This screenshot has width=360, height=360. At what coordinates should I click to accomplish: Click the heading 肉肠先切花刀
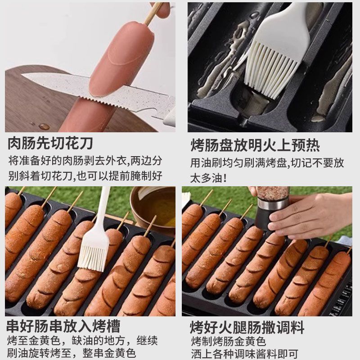[x=50, y=144]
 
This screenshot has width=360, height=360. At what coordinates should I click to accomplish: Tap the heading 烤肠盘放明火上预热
[x=255, y=145]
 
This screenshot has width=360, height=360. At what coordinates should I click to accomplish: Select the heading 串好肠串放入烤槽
[x=63, y=326]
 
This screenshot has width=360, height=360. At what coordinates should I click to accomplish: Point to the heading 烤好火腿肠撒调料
[x=247, y=327]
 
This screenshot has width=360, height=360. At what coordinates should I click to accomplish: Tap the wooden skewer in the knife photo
[x=153, y=13]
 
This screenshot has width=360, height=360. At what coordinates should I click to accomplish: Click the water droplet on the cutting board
[x=44, y=126]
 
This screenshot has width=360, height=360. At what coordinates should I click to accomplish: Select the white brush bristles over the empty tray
[x=272, y=69]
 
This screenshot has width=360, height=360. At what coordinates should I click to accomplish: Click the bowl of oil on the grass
[x=153, y=209]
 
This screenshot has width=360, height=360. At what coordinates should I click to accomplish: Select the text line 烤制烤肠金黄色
[x=229, y=342]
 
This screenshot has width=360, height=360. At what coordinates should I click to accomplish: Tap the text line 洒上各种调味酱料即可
[x=244, y=354]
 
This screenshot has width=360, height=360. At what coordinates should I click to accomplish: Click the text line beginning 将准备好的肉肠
[x=85, y=161]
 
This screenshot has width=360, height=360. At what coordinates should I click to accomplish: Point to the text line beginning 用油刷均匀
[x=267, y=162]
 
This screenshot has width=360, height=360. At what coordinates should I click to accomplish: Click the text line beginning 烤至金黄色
[x=82, y=341]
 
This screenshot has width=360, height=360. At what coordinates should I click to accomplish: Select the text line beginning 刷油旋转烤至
[x=72, y=353]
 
